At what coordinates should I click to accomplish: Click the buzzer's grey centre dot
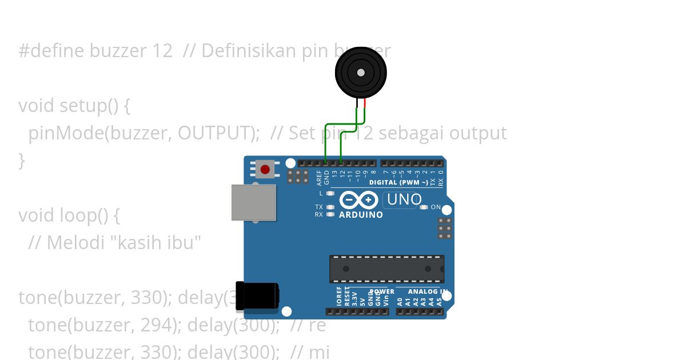[361, 73]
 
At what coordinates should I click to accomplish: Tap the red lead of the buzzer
[365, 103]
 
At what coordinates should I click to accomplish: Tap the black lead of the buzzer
[357, 103]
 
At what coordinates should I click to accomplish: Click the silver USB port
[254, 202]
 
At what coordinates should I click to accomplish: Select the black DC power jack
[257, 296]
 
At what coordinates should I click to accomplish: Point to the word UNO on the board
[404, 199]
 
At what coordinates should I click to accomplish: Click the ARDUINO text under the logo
[361, 215]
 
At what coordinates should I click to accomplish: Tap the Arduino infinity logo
[358, 200]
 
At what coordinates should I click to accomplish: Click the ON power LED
[424, 207]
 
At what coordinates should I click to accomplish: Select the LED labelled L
[330, 193]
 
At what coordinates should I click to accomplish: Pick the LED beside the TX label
[330, 207]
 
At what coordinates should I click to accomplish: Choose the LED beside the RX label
[330, 214]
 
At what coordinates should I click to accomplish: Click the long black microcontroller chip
[386, 269]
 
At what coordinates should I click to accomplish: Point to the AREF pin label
[319, 178]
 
